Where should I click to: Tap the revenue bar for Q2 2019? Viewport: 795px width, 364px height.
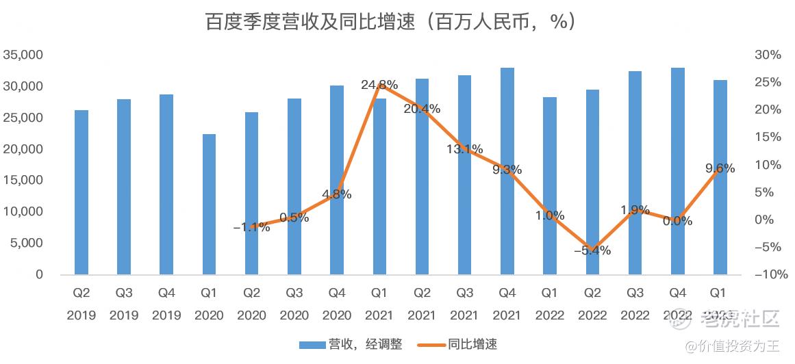click(x=81, y=192)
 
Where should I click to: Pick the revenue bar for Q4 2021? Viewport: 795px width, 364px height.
click(x=507, y=171)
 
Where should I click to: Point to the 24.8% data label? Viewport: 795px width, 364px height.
click(x=379, y=86)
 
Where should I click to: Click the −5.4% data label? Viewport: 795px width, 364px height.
click(x=592, y=250)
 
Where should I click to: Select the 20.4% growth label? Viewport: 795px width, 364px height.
click(x=422, y=109)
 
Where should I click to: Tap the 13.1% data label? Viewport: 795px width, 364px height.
click(x=465, y=149)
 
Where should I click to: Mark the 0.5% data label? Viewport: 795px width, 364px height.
click(x=294, y=218)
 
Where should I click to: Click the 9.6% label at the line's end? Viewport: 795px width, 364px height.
click(x=719, y=168)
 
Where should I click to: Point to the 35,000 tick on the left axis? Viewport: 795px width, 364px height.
click(x=23, y=55)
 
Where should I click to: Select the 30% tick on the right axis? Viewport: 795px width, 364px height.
click(x=766, y=55)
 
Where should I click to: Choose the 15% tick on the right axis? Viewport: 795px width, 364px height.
click(x=766, y=138)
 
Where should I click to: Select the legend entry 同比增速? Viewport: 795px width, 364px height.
click(x=460, y=344)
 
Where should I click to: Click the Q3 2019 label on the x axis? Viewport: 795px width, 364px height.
click(x=124, y=304)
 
